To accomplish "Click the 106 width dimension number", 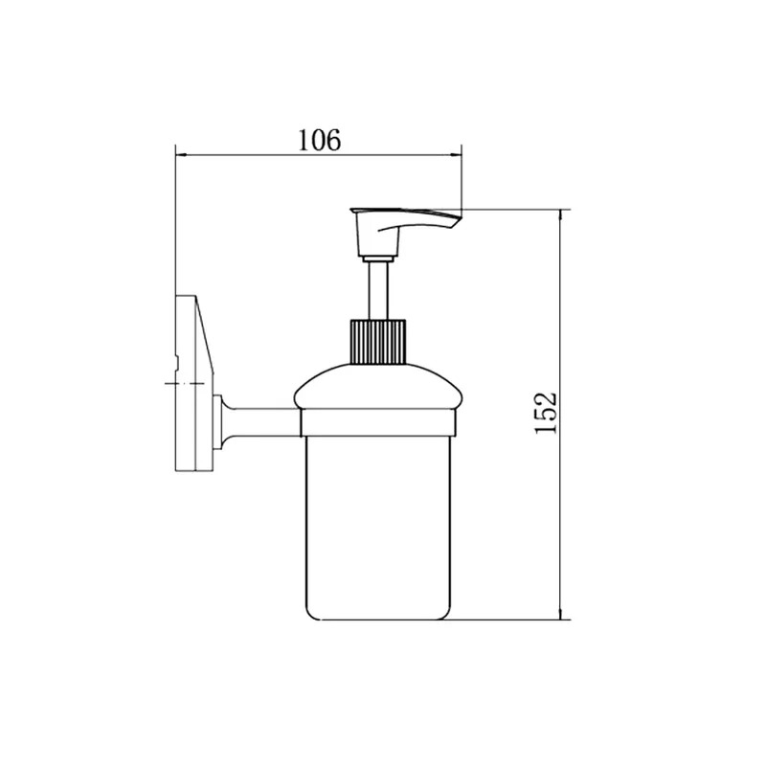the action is click(x=319, y=140).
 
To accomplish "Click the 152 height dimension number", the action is click(x=546, y=413).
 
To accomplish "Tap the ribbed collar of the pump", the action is click(x=378, y=342).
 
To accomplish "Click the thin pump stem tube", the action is click(x=378, y=291).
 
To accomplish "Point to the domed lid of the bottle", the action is click(x=378, y=387).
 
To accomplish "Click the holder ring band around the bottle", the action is click(x=378, y=423).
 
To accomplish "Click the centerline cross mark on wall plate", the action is click(x=185, y=384).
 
